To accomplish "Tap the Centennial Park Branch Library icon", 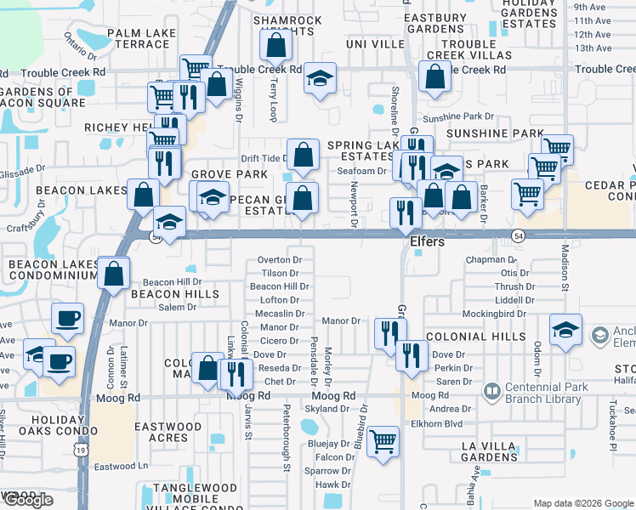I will click(491, 391).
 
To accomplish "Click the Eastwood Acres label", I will click(168, 432).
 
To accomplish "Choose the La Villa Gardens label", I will click(489, 451).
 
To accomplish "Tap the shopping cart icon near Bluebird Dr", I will click(383, 440).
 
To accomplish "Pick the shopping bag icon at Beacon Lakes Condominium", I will click(113, 274).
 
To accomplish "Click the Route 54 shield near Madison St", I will click(517, 235).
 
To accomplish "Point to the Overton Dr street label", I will click(280, 260).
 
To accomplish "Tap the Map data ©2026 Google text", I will click(583, 503).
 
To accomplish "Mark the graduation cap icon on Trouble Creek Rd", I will click(320, 79).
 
